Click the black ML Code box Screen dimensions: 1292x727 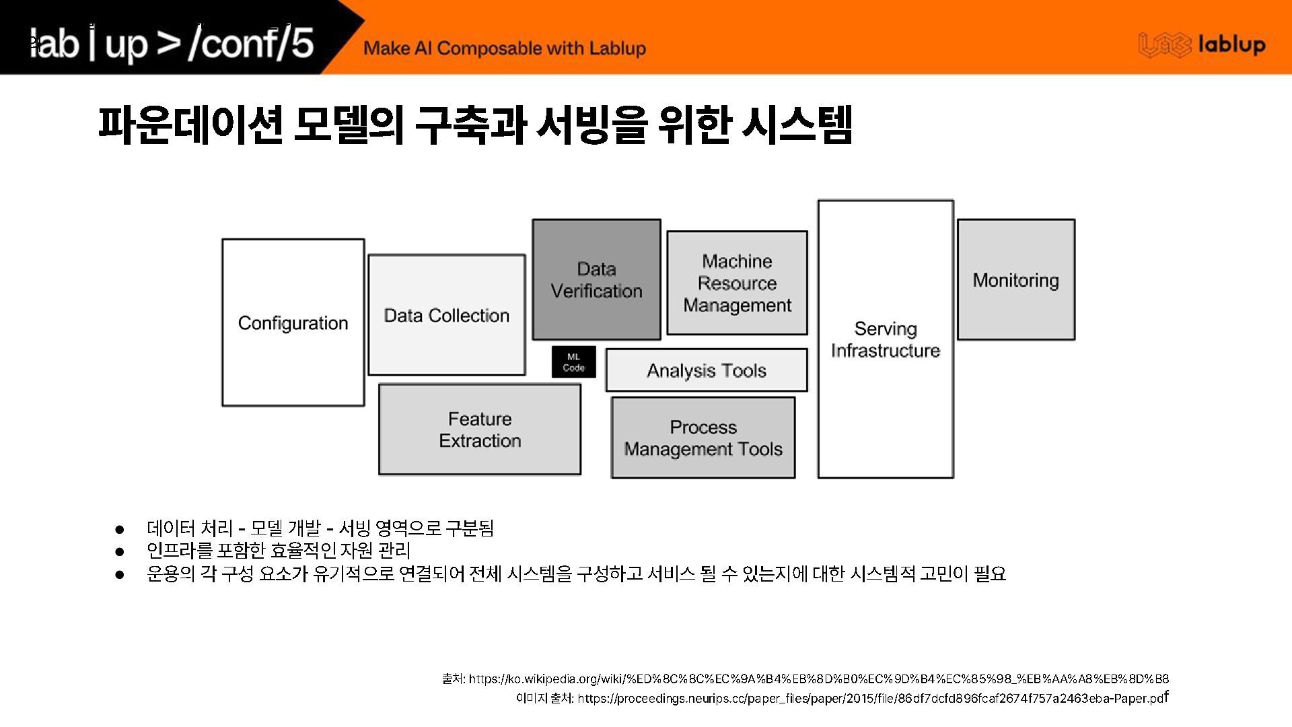pos(573,362)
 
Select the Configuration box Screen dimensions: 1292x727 pos(293,323)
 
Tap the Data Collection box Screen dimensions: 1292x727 pos(446,315)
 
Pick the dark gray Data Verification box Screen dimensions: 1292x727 pos(596,280)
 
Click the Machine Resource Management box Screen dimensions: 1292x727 pos(737,283)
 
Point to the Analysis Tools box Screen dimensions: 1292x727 pos(706,370)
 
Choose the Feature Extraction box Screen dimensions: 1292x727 pos(480,429)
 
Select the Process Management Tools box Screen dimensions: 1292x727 pos(703,438)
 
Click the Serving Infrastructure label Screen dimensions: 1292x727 pos(885,340)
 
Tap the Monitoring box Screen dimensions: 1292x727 pos(1015,280)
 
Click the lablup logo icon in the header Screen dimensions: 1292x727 pos(1164,45)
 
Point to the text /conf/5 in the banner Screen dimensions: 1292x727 pos(251,43)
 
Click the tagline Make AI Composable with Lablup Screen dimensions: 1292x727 pos(505,48)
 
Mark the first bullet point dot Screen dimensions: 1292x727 pos(120,529)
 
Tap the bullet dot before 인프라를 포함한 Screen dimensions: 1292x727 pos(120,551)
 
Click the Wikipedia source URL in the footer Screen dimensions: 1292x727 pos(819,679)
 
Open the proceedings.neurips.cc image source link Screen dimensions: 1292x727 pos(871,698)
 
